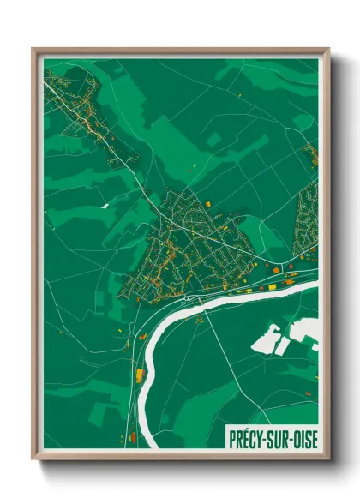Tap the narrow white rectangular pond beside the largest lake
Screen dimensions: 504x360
282,346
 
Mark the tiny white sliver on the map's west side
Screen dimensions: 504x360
105,206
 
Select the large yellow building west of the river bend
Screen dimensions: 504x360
139,375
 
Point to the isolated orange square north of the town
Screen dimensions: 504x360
208,203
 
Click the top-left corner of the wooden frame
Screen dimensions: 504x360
33,49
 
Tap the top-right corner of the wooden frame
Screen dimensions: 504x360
328,49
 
